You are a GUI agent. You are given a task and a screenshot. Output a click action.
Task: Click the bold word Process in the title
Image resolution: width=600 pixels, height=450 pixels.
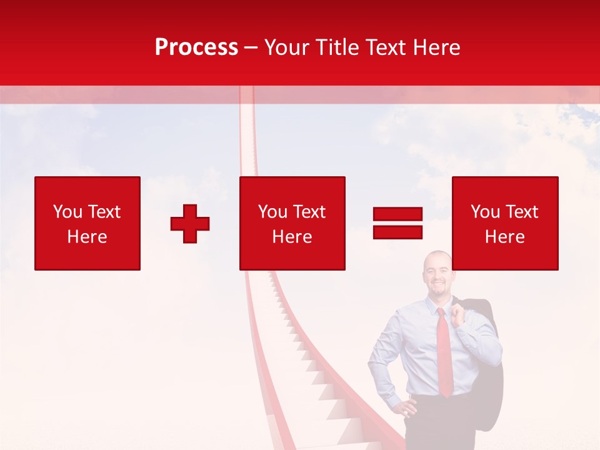point(196,47)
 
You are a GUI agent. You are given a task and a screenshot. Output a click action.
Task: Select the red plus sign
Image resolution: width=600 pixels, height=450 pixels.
point(190,223)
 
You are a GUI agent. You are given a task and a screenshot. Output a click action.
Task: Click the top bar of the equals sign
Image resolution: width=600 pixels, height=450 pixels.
point(397,214)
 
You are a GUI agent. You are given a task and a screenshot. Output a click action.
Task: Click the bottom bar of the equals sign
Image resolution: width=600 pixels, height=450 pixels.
point(397,232)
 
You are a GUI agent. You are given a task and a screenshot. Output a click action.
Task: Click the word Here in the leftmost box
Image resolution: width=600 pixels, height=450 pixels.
point(87,237)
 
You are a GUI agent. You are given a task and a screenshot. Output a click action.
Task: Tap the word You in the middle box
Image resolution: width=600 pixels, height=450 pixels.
point(272,212)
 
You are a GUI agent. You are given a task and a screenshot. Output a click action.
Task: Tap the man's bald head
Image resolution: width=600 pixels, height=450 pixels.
point(436,257)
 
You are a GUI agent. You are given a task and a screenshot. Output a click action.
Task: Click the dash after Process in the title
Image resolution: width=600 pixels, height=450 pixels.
point(251,47)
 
